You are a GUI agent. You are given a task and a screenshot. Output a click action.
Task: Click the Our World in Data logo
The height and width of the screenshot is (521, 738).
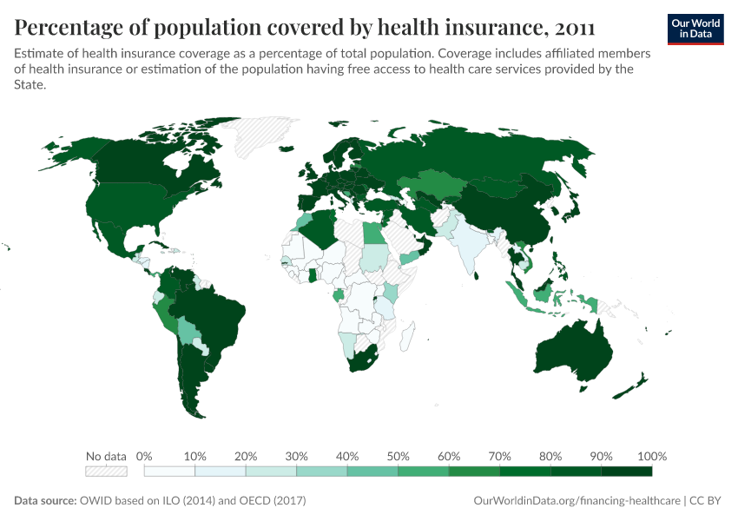[695, 28]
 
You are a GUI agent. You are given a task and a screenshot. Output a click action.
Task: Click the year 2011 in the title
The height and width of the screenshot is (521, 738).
[570, 27]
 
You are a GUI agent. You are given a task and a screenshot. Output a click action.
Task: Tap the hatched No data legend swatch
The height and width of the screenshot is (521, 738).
[106, 472]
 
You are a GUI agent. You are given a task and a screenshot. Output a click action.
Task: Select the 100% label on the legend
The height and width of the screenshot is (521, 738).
[651, 456]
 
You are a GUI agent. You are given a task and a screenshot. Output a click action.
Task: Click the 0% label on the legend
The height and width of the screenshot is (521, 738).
[145, 456]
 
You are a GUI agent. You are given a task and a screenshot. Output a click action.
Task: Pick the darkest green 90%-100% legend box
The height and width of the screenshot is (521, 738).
[626, 472]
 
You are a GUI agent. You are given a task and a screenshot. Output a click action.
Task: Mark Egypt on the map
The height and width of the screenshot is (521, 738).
[371, 234]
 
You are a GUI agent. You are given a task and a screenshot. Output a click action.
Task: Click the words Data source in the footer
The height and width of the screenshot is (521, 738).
[44, 501]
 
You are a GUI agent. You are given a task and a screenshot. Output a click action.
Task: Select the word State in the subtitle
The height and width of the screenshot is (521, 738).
[31, 85]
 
